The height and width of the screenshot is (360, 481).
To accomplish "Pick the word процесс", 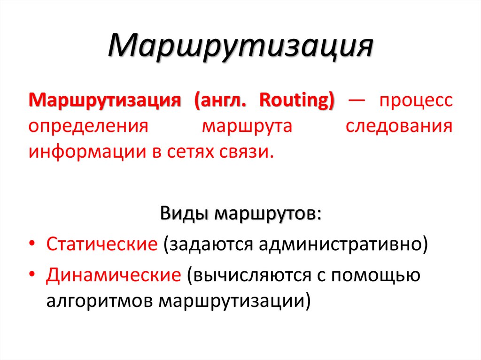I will tap(417, 102).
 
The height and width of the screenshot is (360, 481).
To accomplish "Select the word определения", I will tap(88, 127).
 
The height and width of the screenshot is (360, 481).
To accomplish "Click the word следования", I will tap(399, 127).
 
